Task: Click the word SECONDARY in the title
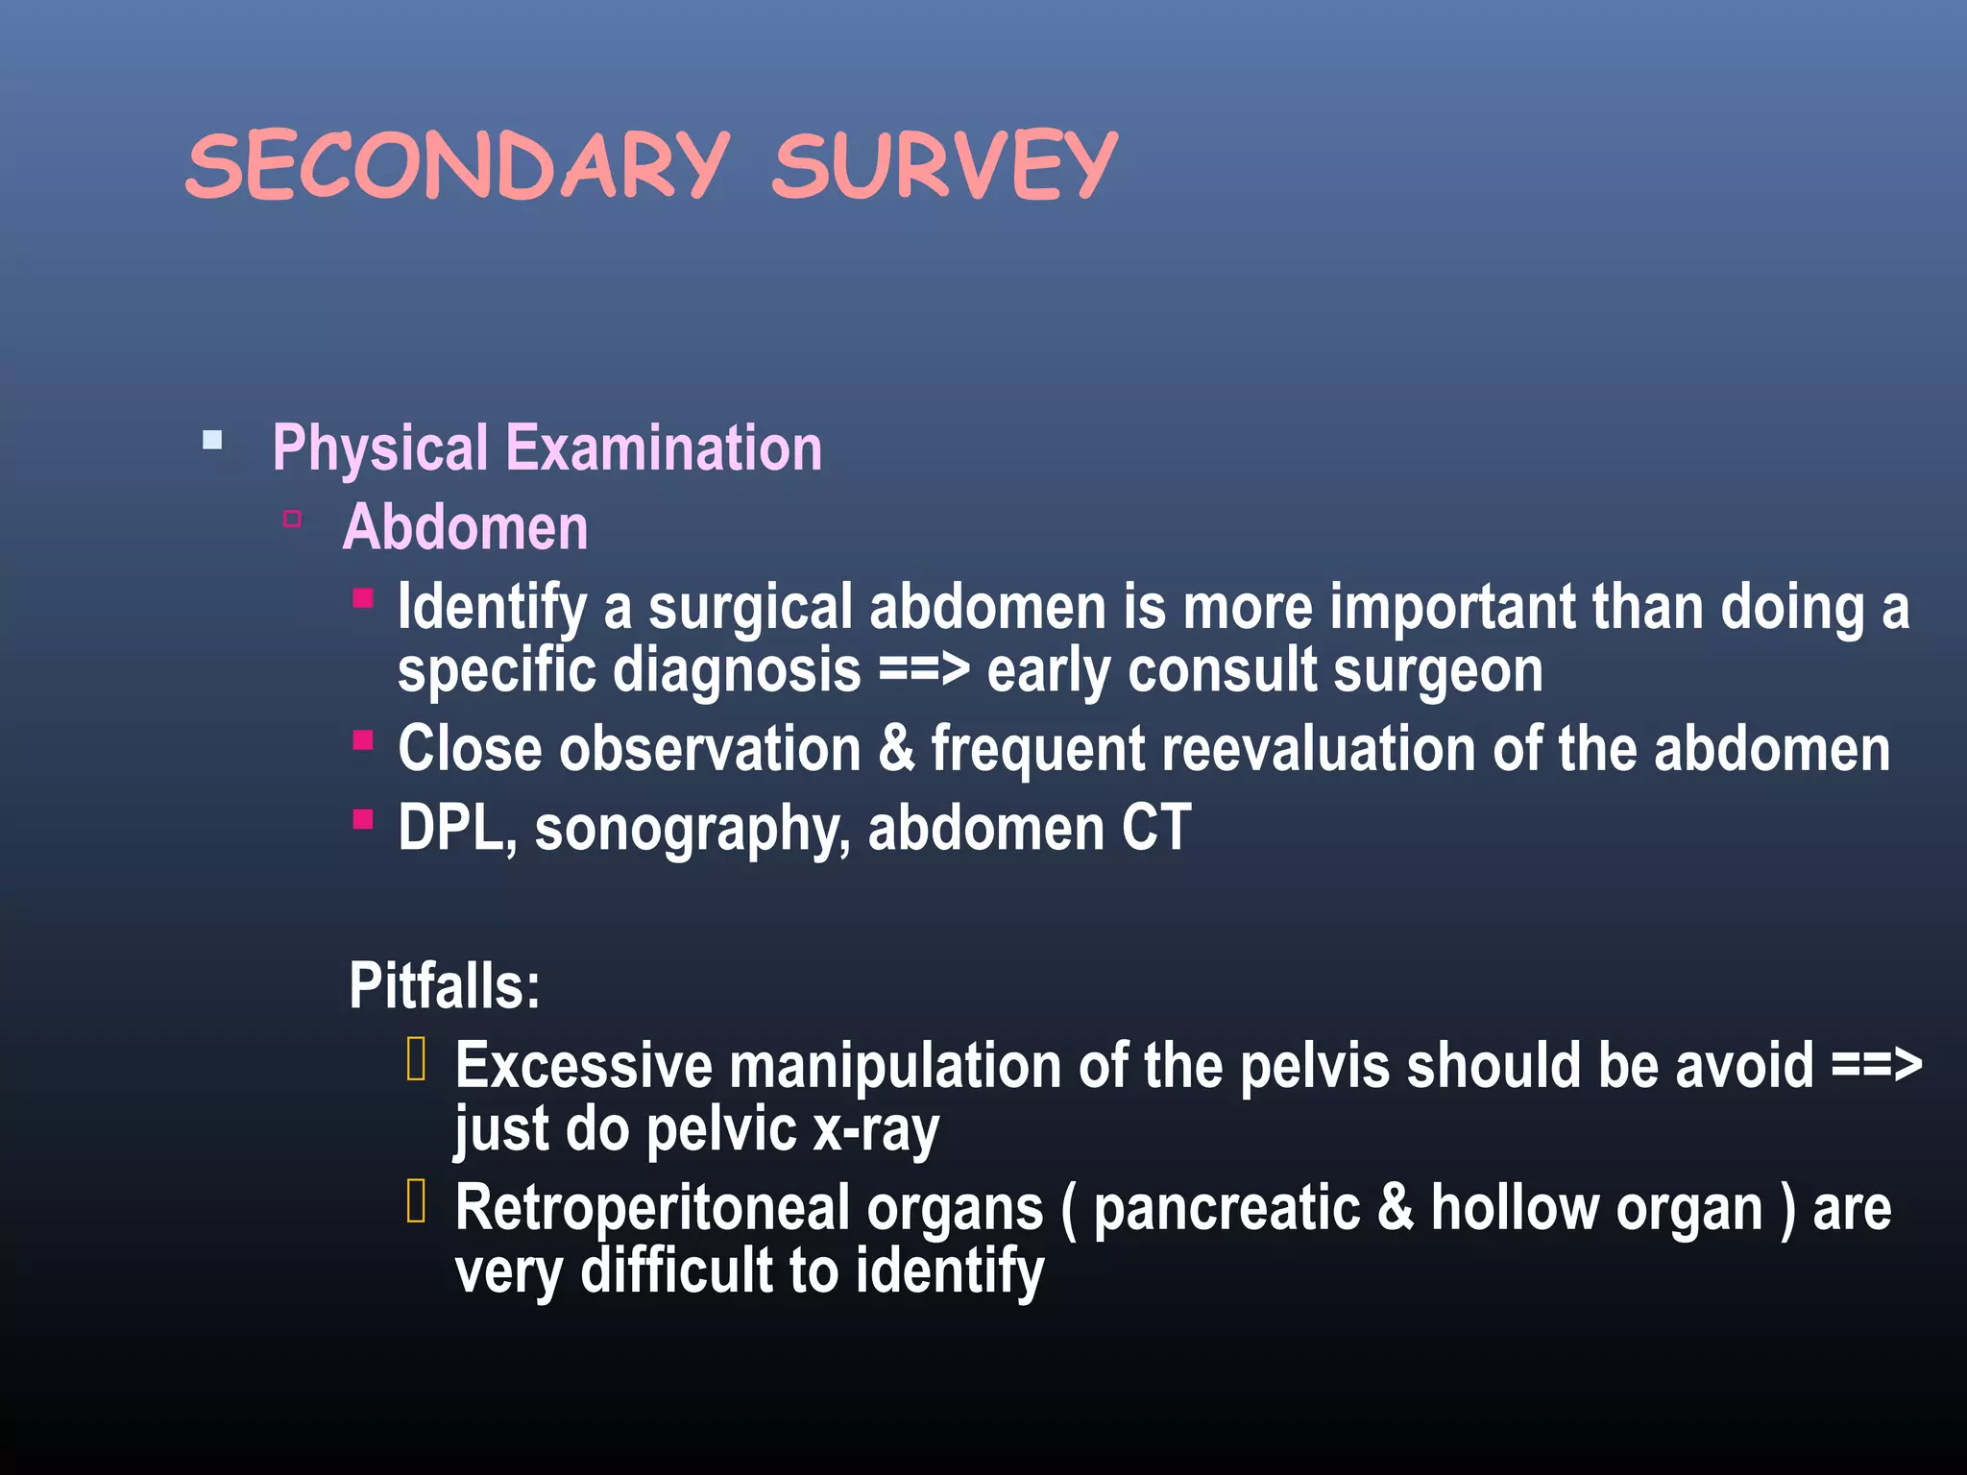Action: click(x=457, y=165)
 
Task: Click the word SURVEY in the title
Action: click(x=944, y=165)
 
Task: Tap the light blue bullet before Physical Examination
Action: click(x=212, y=441)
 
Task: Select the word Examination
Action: click(x=664, y=447)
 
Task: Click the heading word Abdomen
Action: click(x=466, y=527)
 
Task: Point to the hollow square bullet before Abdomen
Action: click(x=292, y=520)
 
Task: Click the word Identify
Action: click(x=492, y=607)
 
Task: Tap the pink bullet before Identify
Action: click(x=362, y=599)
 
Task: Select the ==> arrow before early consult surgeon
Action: click(x=924, y=669)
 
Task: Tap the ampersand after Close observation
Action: click(x=895, y=748)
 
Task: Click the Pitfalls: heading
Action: click(x=445, y=985)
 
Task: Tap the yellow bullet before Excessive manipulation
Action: click(x=416, y=1059)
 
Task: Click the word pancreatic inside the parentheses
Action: click(x=1226, y=1208)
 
